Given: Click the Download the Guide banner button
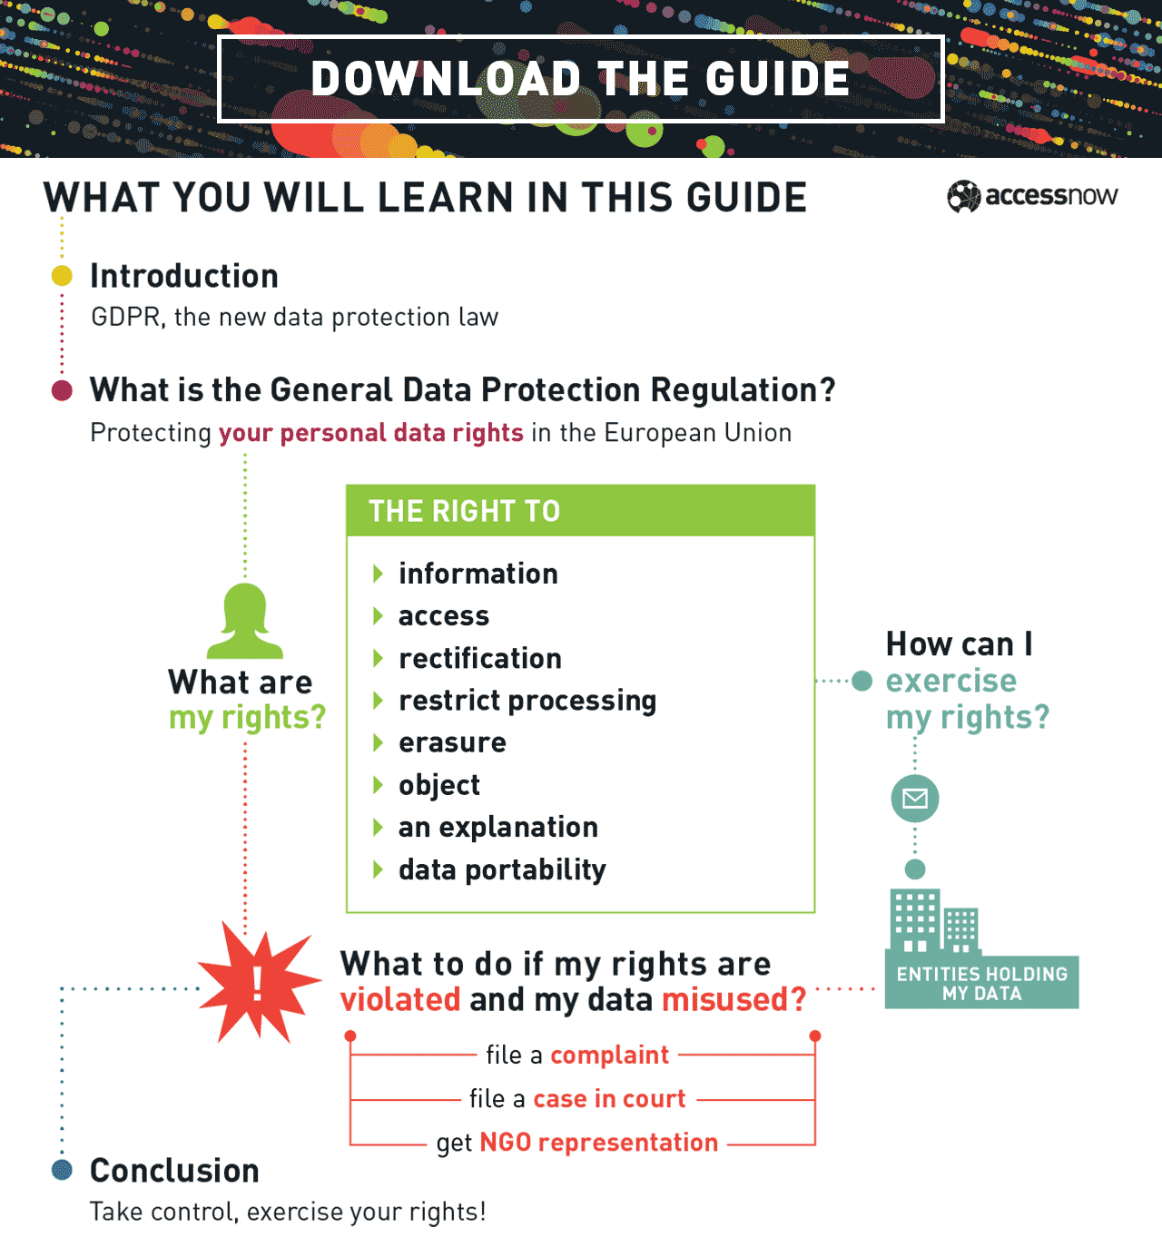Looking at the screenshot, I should [581, 79].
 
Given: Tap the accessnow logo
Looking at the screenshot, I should [1033, 196].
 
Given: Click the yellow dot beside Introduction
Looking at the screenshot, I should [62, 276].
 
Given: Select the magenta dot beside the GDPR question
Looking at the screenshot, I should [62, 390].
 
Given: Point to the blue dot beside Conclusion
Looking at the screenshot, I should [62, 1170].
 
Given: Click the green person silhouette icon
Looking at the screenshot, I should [245, 622].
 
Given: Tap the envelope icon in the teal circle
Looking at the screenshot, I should [915, 799].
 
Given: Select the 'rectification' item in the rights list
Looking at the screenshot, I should [480, 658].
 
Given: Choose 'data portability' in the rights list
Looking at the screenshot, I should [502, 869].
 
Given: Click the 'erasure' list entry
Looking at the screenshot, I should [452, 742].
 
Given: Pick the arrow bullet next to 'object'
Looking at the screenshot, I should [379, 785].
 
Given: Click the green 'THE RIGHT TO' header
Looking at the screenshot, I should [580, 511].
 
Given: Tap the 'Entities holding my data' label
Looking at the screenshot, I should [982, 983].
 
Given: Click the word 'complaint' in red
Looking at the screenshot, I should [610, 1055].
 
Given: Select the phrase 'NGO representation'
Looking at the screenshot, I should [599, 1143].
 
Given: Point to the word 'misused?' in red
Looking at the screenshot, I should [734, 999].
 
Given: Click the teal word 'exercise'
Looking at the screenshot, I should [950, 681].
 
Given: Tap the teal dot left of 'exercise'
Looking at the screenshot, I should [862, 681].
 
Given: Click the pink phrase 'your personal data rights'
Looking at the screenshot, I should [371, 433].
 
